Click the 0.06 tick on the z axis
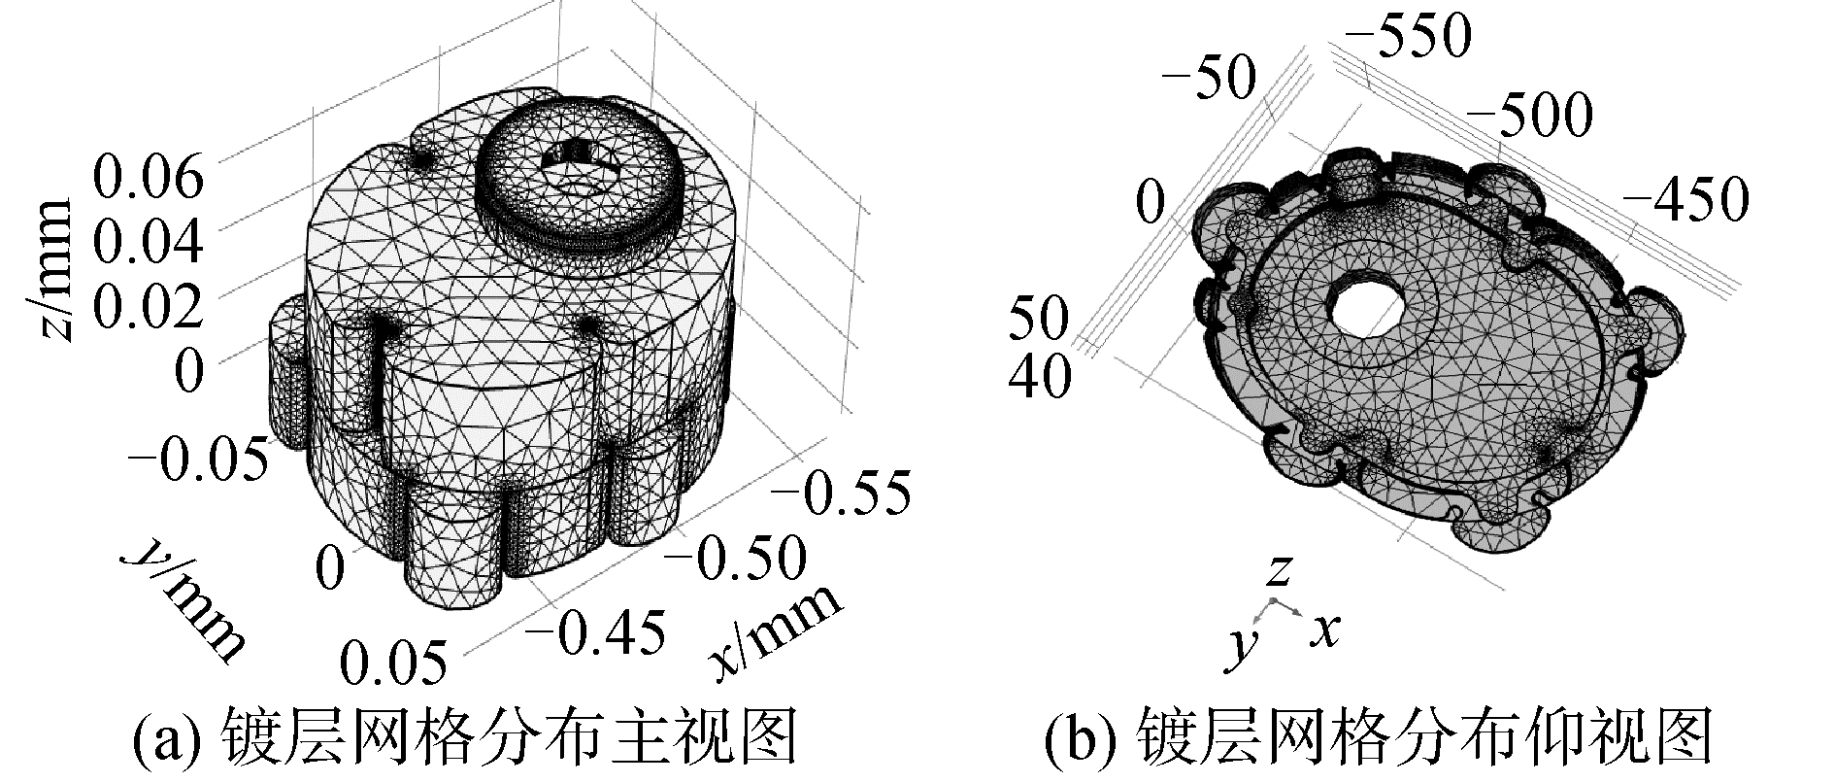pos(149,180)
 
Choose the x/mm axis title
pos(777,632)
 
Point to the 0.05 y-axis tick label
pos(396,663)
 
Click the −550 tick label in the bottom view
pos(1403,38)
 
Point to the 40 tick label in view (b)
pos(1039,376)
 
